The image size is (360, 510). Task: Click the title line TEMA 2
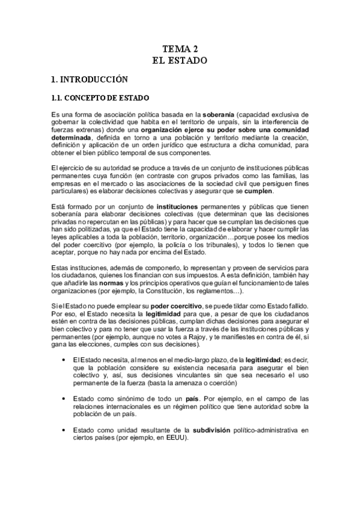[x=180, y=49]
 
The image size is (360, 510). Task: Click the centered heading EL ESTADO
[x=180, y=61]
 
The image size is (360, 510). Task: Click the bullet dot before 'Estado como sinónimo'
[x=64, y=398]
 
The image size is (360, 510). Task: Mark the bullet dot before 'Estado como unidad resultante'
[x=64, y=429]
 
